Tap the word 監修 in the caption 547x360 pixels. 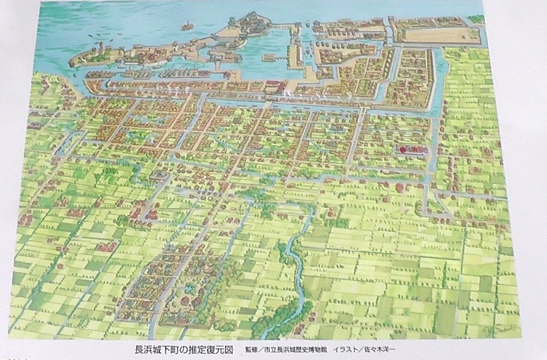[252, 348]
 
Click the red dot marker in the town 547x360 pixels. [403, 150]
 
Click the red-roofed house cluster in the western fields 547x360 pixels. [106, 247]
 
